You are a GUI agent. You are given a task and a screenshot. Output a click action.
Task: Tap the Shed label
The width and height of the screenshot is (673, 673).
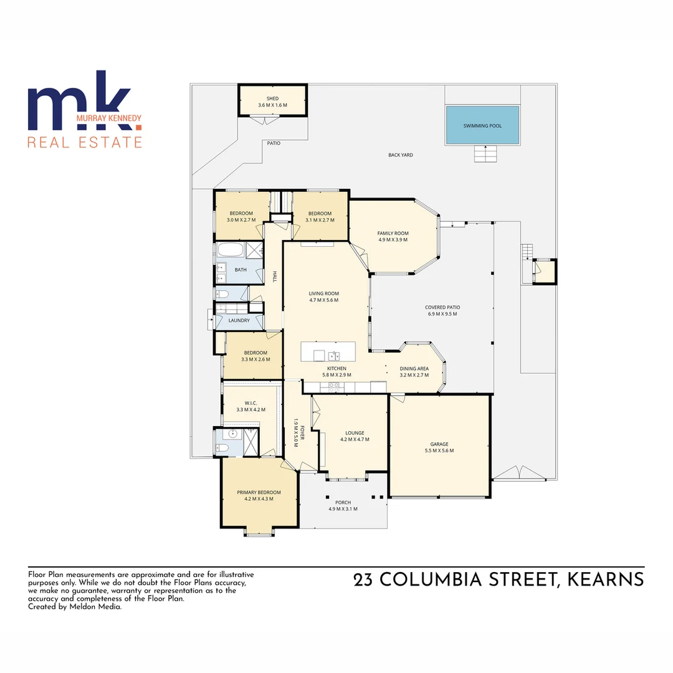[272, 98]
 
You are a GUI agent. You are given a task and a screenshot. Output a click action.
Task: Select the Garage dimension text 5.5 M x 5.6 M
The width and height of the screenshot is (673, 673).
[439, 451]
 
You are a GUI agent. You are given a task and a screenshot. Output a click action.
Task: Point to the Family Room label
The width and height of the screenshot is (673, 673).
[393, 233]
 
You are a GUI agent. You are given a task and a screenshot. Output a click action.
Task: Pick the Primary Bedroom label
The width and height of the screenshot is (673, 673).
[259, 492]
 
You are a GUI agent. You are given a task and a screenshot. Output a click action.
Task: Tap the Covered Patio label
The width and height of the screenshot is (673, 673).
[442, 307]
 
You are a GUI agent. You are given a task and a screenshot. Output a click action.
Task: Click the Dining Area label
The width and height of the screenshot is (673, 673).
[414, 368]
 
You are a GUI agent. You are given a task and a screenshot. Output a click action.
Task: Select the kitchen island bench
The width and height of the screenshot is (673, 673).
[328, 351]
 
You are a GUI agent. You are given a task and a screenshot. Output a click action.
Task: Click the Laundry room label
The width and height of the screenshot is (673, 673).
[239, 321]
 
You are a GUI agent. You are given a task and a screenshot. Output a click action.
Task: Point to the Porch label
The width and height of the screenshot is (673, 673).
[343, 502]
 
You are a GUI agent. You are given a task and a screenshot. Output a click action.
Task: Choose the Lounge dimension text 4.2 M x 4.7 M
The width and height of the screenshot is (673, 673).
[355, 439]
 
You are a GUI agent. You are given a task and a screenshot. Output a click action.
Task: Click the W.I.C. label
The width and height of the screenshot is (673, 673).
[251, 403]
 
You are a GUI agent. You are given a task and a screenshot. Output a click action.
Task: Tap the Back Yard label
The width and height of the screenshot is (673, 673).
[400, 155]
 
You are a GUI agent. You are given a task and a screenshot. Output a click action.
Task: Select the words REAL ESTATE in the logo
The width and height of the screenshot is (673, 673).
[85, 142]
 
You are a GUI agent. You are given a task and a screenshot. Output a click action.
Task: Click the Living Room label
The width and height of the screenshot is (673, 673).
[323, 293]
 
